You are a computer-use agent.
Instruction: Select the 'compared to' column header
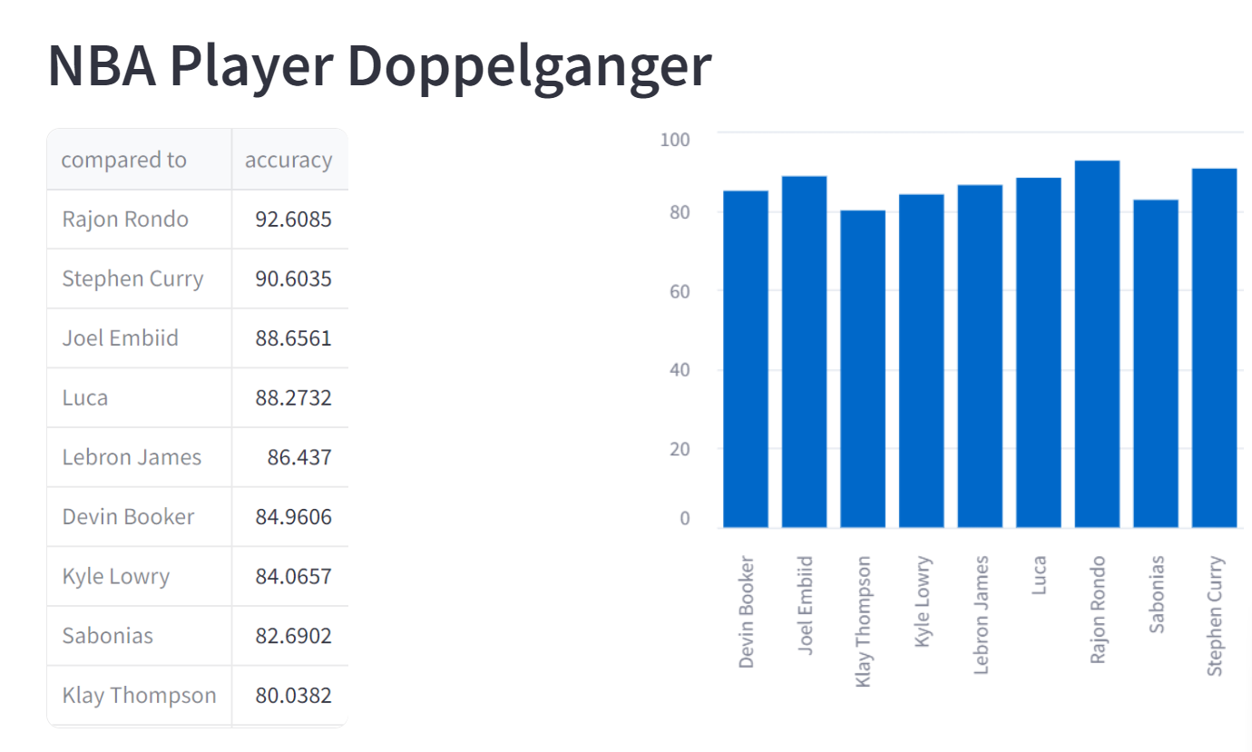click(123, 161)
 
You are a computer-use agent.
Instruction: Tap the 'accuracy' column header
click(289, 161)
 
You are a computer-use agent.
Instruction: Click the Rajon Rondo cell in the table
click(125, 220)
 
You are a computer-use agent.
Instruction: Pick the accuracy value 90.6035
click(293, 279)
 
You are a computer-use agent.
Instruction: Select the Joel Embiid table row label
click(120, 338)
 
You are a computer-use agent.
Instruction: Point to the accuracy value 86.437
click(299, 457)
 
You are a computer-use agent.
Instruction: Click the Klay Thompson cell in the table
click(139, 696)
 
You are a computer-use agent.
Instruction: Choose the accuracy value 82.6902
click(293, 636)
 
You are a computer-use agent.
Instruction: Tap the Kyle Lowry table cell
click(115, 577)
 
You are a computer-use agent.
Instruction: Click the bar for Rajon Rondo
click(1097, 345)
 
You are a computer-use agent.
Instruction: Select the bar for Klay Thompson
click(863, 369)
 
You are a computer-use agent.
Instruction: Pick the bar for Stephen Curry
click(1214, 348)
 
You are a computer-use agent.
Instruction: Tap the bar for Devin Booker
click(746, 359)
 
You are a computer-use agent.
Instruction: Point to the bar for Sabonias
click(1156, 364)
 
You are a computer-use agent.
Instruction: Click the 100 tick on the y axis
click(675, 140)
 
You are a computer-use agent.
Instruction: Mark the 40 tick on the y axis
click(679, 370)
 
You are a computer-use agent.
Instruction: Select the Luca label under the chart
click(1040, 575)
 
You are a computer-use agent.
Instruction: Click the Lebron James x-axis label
click(981, 602)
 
